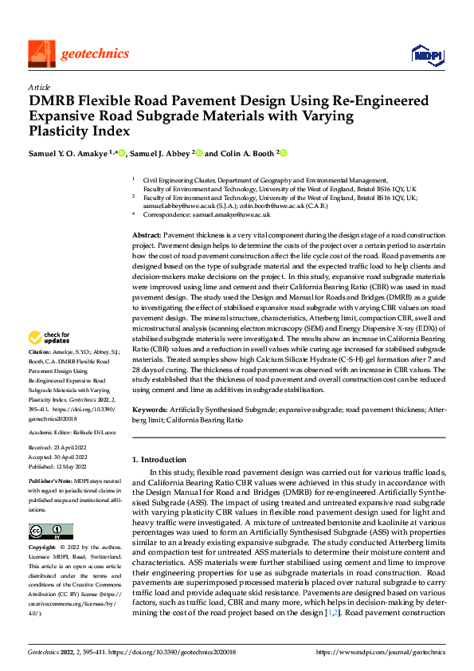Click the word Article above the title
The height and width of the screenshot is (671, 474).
pos(39,87)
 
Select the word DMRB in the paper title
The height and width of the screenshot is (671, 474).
pos(55,102)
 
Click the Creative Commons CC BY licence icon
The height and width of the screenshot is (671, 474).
pos(50,532)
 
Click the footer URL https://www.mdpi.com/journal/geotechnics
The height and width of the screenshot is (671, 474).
pos(380,652)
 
